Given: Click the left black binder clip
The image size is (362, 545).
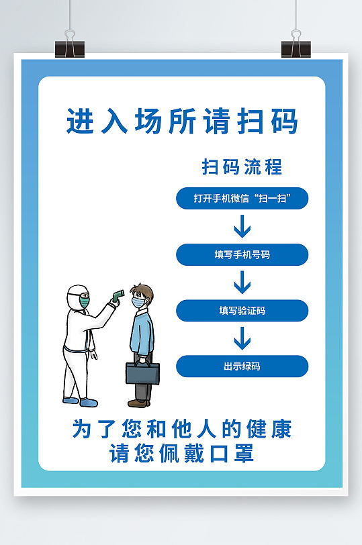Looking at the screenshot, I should click(x=71, y=46).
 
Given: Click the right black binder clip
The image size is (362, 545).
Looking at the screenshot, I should click(x=296, y=46).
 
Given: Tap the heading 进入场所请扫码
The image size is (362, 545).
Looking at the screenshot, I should click(x=182, y=122).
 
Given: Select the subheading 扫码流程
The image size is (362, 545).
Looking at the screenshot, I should click(x=242, y=166).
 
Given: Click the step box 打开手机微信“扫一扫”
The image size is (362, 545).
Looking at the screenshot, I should click(x=242, y=199).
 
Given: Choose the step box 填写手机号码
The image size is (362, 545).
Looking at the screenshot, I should click(x=242, y=255).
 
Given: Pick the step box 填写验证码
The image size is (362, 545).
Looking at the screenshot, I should click(x=242, y=311).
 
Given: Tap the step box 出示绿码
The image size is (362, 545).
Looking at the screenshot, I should click(x=242, y=366).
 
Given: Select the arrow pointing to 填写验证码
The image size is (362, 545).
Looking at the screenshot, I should click(x=242, y=283).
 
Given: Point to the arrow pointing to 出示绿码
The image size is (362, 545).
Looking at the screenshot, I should click(x=242, y=339).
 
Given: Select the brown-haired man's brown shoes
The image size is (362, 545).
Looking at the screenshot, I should click(x=138, y=403).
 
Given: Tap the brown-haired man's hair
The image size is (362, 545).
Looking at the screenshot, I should click(x=143, y=291).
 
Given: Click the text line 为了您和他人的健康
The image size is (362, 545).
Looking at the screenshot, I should click(x=182, y=430).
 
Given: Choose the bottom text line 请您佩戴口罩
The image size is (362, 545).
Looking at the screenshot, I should click(x=182, y=454).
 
